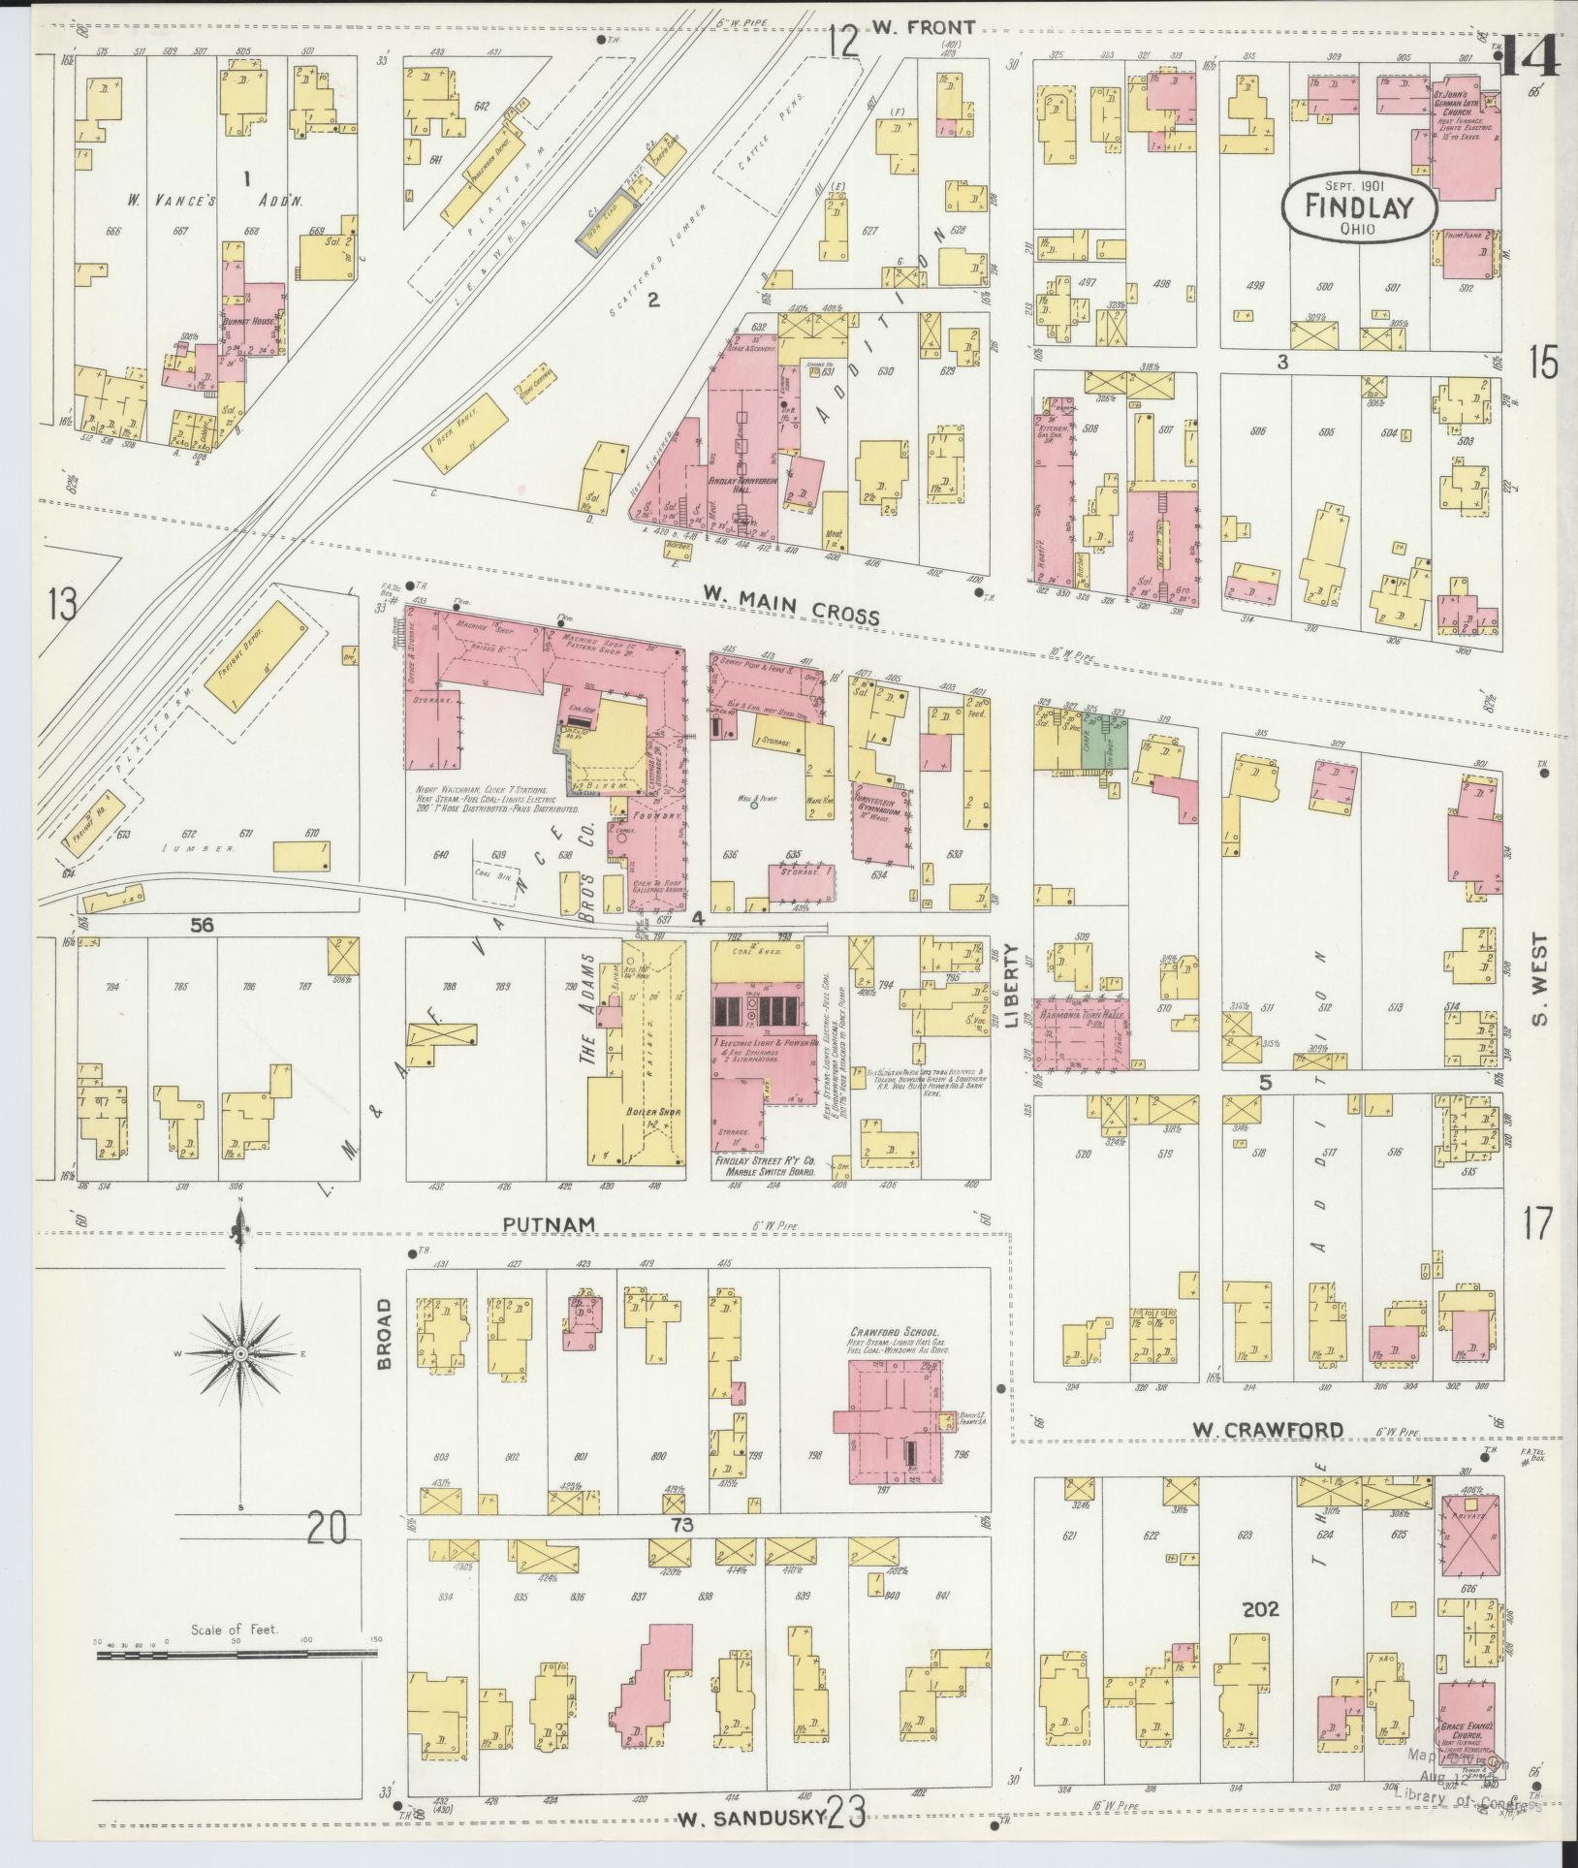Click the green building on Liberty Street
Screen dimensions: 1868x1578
click(1114, 743)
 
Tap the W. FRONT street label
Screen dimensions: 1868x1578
click(922, 27)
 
